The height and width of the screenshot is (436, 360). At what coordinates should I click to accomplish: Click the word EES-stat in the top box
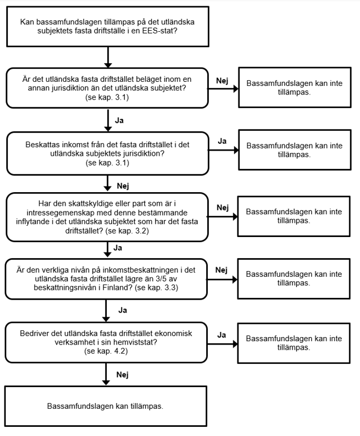(158, 31)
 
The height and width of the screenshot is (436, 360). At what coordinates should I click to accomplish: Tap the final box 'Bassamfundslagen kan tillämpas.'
(106, 406)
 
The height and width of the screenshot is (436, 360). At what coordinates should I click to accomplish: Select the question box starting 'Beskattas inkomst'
(107, 153)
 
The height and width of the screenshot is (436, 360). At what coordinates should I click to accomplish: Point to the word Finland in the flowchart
(117, 288)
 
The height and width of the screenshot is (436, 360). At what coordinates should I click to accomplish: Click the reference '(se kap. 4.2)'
(106, 351)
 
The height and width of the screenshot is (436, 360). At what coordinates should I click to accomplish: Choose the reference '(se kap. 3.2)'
(127, 231)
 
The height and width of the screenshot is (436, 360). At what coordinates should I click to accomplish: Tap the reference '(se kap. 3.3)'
(156, 288)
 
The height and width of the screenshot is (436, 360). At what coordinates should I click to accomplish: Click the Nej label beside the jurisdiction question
(222, 81)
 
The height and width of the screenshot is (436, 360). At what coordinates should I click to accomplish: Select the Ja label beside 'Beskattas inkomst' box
(222, 141)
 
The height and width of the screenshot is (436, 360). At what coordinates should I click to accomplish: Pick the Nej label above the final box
(123, 375)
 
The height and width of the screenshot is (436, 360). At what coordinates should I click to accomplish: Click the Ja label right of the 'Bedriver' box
(221, 335)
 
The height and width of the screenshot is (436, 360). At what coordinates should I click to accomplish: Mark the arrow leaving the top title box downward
(108, 57)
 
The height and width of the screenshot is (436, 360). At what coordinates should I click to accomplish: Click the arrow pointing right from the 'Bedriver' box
(223, 344)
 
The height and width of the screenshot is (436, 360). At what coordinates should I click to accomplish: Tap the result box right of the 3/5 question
(294, 279)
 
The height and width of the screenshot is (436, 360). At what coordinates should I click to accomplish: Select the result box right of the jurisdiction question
(295, 88)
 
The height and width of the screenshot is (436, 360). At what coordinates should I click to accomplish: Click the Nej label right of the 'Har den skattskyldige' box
(223, 207)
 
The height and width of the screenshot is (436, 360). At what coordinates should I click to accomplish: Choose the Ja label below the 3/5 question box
(123, 310)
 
